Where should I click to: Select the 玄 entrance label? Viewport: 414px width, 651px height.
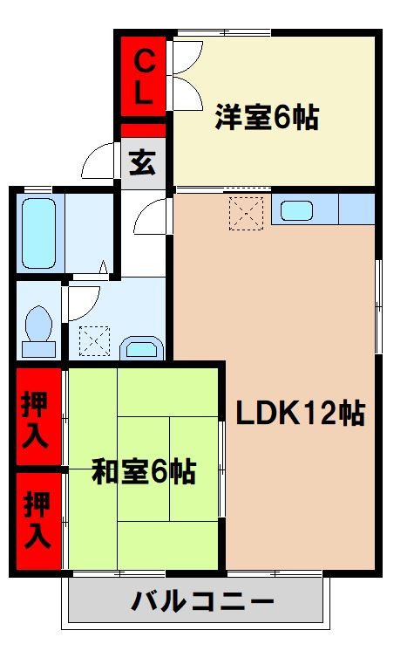pyautogui.click(x=143, y=163)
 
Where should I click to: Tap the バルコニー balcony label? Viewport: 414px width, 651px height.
pyautogui.click(x=203, y=602)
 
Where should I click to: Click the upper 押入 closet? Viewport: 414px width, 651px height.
pyautogui.click(x=37, y=417)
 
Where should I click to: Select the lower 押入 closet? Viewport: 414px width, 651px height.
pyautogui.click(x=37, y=520)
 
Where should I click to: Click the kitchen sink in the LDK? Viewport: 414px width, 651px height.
pyautogui.click(x=298, y=210)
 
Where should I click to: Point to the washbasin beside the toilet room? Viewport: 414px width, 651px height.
pyautogui.click(x=139, y=348)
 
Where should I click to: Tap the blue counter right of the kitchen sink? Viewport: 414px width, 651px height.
pyautogui.click(x=356, y=209)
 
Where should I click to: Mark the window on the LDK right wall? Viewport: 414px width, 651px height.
pyautogui.click(x=377, y=305)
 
